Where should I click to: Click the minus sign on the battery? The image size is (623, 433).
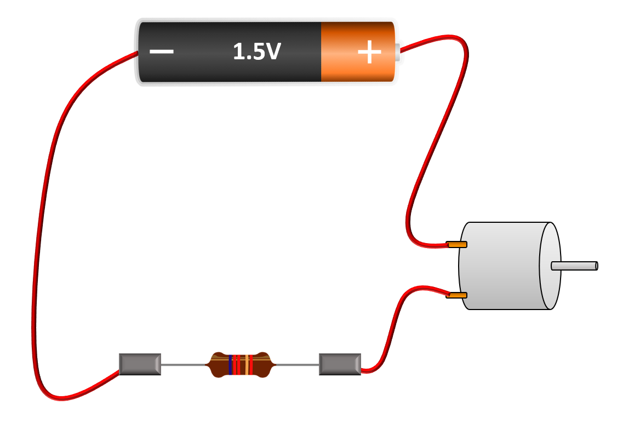[162, 52]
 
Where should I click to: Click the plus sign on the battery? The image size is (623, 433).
[369, 52]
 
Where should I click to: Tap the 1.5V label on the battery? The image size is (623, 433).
[256, 52]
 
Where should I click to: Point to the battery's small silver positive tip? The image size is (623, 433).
[397, 52]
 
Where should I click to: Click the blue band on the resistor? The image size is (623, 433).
[230, 364]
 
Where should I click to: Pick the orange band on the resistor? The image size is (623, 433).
[247, 364]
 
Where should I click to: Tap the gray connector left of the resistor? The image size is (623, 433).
[140, 364]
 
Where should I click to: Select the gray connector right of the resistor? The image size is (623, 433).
[340, 364]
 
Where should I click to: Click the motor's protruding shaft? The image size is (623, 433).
[574, 266]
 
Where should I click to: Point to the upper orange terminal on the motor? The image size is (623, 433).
[456, 244]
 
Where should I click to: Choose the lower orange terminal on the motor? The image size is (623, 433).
[456, 295]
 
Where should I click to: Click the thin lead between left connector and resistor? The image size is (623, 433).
[184, 364]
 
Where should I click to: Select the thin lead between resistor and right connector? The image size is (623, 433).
[296, 364]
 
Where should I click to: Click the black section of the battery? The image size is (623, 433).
[219, 69]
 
